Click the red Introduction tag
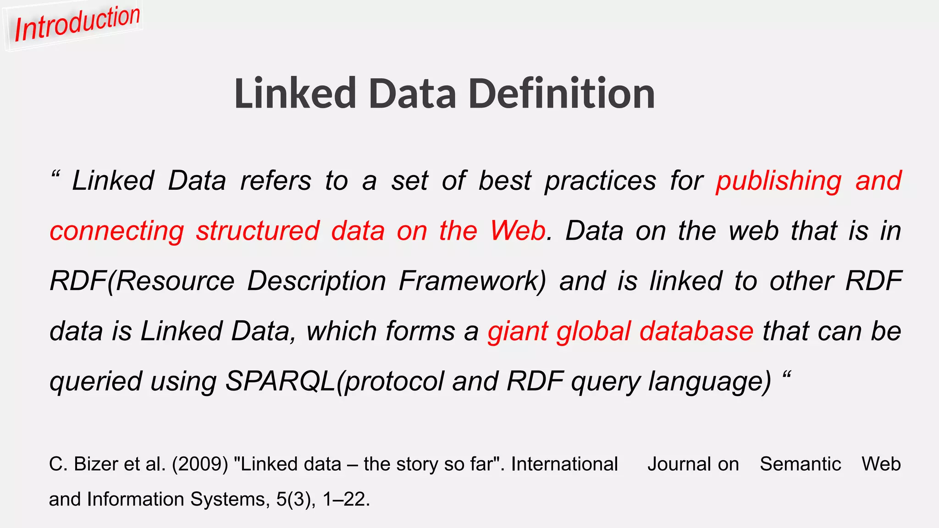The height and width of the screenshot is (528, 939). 77,24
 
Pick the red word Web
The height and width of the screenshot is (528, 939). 518,231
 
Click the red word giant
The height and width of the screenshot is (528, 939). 518,332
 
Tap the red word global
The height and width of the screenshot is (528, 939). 594,331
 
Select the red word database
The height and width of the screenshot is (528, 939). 696,331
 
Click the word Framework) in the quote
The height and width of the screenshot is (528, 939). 473,281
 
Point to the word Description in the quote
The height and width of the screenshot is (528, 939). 316,281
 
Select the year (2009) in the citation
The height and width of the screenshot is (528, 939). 200,464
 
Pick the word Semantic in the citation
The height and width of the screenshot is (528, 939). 800,464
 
